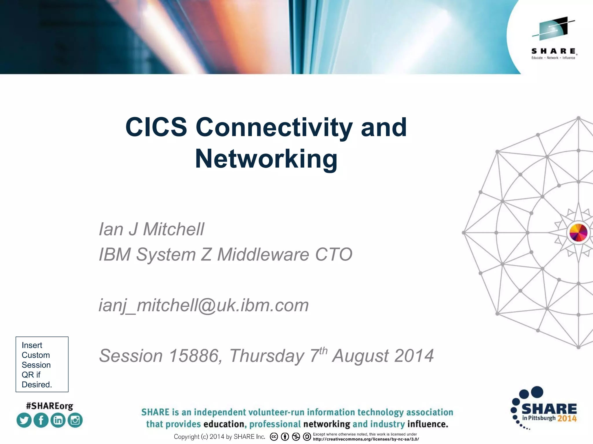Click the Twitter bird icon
[24, 420]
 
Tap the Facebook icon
[41, 420]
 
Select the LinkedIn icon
[58, 420]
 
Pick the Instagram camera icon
[75, 420]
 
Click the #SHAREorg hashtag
[50, 406]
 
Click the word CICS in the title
[156, 127]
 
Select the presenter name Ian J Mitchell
[151, 229]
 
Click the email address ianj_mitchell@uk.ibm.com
[204, 305]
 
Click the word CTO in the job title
[334, 254]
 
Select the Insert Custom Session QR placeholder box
[42, 364]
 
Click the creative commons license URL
[366, 439]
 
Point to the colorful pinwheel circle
[578, 232]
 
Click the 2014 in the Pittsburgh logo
[567, 419]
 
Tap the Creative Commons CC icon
[274, 437]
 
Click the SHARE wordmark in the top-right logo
[554, 51]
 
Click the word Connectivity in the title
[274, 127]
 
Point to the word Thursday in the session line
[266, 356]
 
